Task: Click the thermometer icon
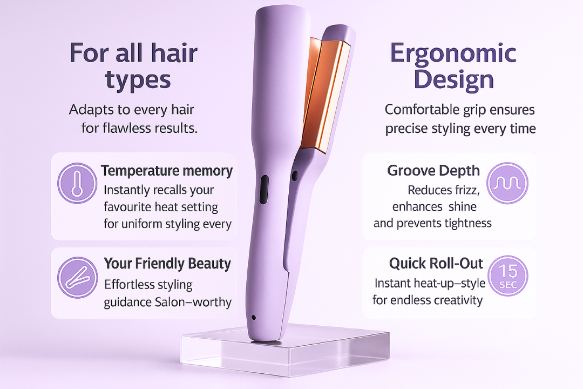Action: pos(77,183)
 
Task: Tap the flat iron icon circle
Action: pos(77,277)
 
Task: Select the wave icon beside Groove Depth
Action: pos(507,183)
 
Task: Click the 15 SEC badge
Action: pos(508,276)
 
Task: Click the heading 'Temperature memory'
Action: pos(167,171)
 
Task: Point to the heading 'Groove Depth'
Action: pos(433,171)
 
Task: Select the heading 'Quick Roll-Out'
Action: pos(436,263)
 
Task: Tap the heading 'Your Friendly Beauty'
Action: pos(167,264)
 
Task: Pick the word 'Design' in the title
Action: pos(453,80)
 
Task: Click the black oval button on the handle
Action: pos(264,190)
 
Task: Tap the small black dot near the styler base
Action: pos(254,318)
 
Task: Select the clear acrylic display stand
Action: pos(285,350)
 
